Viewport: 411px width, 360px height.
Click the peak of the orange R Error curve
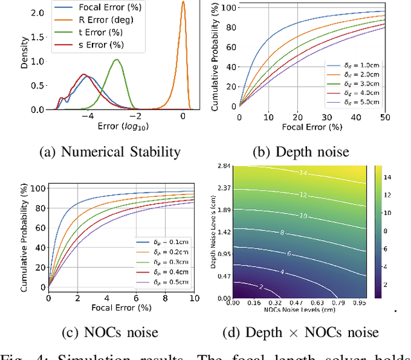(183, 2)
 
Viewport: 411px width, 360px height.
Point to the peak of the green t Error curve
(117, 60)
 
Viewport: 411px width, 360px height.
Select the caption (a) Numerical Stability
(110, 152)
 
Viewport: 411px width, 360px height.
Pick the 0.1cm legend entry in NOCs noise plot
(169, 241)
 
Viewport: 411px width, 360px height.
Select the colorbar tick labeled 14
(397, 175)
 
